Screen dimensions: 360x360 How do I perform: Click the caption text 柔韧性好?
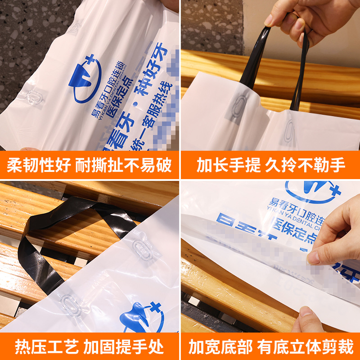39,165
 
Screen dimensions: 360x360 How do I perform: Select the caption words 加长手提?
228,165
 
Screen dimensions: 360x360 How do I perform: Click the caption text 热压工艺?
40,347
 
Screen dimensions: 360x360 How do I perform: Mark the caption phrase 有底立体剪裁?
306,347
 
